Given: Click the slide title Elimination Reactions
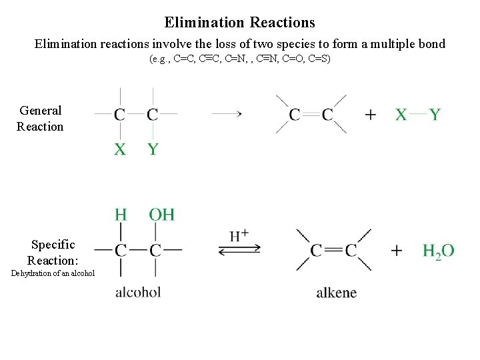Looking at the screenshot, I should coord(239,23).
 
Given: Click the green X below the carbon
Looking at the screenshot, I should coord(120,149).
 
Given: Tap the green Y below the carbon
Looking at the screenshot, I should coord(153,149).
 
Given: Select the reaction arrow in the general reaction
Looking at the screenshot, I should coord(226,114).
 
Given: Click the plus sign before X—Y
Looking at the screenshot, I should coord(371,115).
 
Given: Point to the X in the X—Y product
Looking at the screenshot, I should coord(401,115).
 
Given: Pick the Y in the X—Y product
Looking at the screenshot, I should coord(435,115).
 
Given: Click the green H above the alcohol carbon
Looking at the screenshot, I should coord(121,215).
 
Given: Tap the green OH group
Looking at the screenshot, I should coord(161,215).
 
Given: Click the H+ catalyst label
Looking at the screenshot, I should coord(239,235).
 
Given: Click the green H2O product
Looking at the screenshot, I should coord(438,251).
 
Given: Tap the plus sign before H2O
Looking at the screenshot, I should coord(397,251).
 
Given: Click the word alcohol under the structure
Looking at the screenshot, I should coord(138,291).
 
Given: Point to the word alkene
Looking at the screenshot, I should coord(336,292).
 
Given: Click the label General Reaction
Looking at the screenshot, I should coord(40,119).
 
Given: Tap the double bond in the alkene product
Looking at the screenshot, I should coord(333,251).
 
